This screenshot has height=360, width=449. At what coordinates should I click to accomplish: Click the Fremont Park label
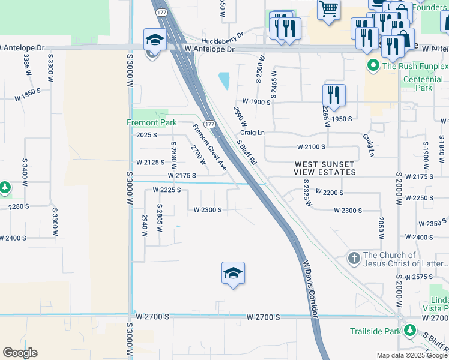(x=151, y=122)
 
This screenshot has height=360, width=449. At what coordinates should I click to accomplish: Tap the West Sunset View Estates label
(x=324, y=168)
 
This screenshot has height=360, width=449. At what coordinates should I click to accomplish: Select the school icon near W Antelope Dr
(x=154, y=40)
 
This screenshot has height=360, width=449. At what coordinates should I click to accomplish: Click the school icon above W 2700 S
(x=233, y=274)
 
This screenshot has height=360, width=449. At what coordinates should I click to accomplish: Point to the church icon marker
(x=354, y=259)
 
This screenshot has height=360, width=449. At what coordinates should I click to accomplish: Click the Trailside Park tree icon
(x=410, y=331)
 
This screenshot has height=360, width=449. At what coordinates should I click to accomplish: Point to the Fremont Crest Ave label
(x=209, y=147)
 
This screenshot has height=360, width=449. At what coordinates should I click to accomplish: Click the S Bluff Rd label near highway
(x=247, y=152)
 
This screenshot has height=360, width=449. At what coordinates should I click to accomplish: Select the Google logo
(x=20, y=353)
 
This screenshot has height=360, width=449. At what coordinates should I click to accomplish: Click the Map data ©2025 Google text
(x=411, y=355)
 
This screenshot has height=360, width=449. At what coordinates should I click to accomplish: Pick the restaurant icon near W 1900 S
(x=334, y=95)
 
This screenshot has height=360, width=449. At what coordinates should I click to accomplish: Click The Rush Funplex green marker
(x=373, y=65)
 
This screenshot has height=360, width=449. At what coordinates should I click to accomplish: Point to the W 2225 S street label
(x=166, y=190)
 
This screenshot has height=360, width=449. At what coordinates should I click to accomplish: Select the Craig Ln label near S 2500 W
(x=252, y=132)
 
